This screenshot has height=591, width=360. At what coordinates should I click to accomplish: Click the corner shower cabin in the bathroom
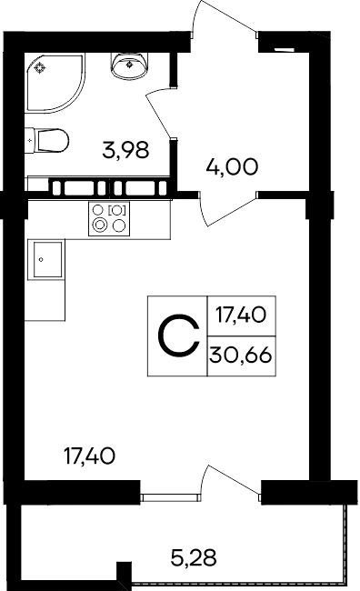click(x=55, y=83)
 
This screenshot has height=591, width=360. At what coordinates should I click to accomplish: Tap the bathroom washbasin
click(x=129, y=65)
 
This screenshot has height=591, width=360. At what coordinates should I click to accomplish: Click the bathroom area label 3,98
click(x=125, y=150)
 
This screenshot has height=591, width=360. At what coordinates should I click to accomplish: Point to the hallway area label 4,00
click(x=232, y=166)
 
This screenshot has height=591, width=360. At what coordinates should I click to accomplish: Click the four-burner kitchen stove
click(x=109, y=218)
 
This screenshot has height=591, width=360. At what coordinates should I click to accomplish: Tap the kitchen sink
click(x=47, y=260)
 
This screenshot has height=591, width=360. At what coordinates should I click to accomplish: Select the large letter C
click(x=178, y=337)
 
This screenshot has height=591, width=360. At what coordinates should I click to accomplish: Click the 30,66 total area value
click(x=241, y=355)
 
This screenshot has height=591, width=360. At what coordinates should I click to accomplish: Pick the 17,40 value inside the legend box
click(x=241, y=315)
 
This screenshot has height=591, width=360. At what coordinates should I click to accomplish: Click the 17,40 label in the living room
click(x=89, y=456)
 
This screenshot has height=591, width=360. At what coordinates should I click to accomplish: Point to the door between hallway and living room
click(x=227, y=208)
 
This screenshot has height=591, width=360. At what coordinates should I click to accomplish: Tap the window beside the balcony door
click(x=171, y=497)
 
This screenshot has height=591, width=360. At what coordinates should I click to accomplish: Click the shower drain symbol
click(x=40, y=68)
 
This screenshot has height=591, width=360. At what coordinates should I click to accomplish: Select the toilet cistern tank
click(x=31, y=141)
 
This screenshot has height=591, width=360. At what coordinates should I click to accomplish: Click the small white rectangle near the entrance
click(x=284, y=49)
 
